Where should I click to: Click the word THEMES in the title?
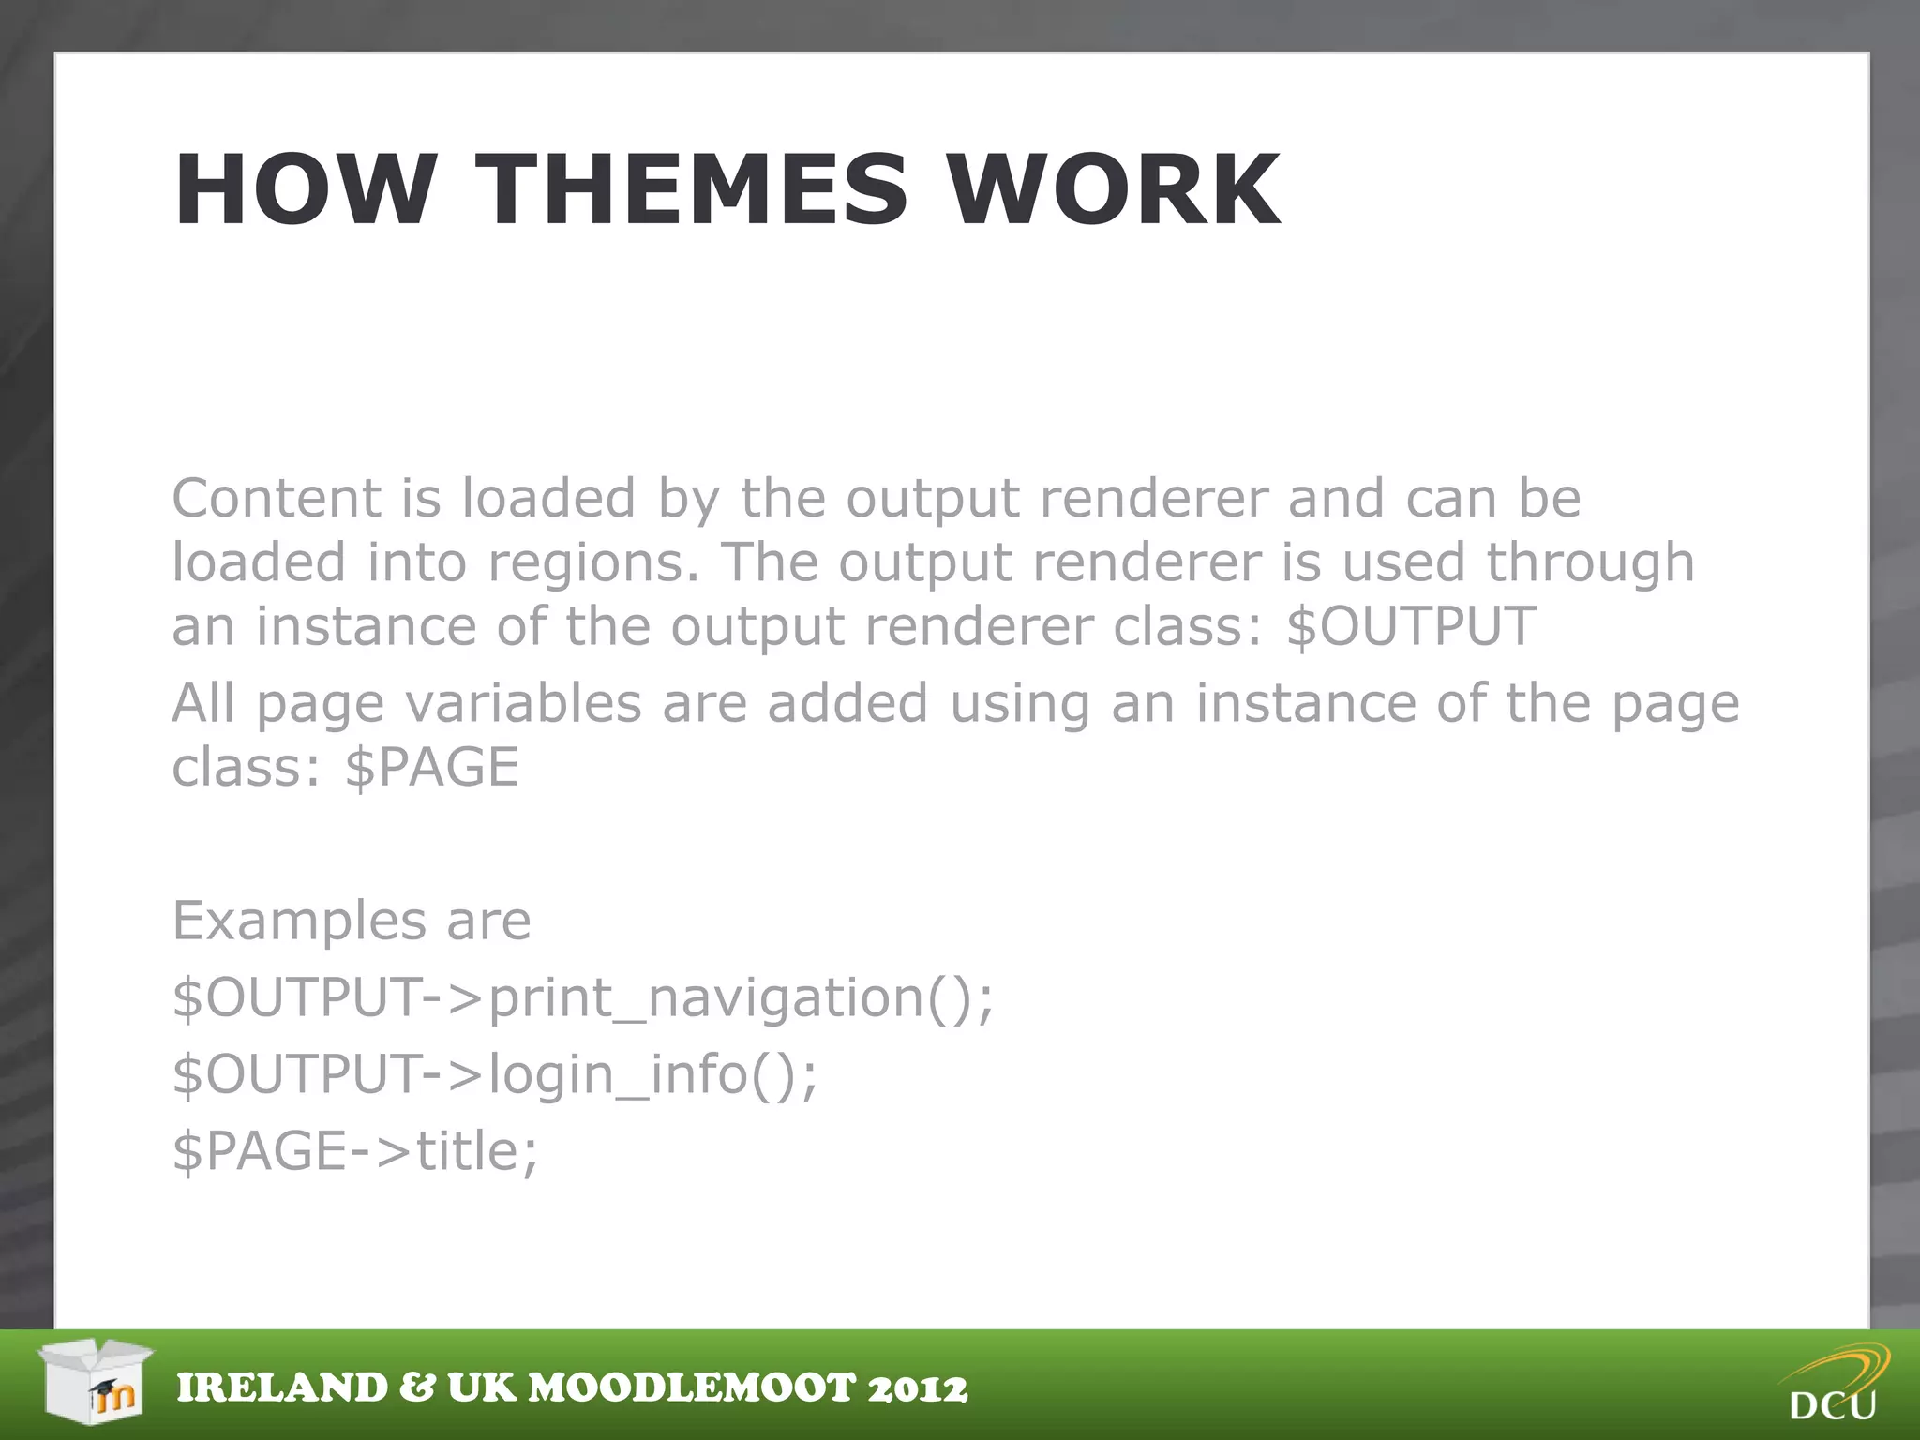pyautogui.click(x=691, y=189)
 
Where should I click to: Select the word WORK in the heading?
pyautogui.click(x=1113, y=189)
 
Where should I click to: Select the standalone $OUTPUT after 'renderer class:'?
pyautogui.click(x=1411, y=626)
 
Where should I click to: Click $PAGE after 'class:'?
pyautogui.click(x=431, y=767)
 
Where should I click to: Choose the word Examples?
pyautogui.click(x=299, y=921)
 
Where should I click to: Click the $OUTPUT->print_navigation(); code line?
pyautogui.click(x=582, y=997)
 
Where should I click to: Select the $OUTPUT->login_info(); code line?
pyautogui.click(x=494, y=1074)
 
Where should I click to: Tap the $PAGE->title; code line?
pyautogui.click(x=355, y=1151)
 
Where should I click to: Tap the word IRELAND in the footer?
pyautogui.click(x=282, y=1388)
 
